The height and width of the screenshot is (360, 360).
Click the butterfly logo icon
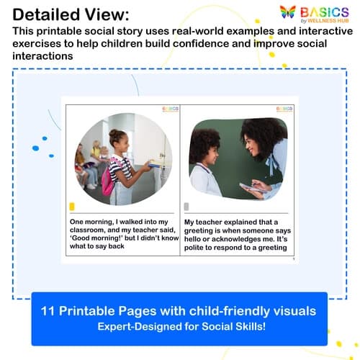288,13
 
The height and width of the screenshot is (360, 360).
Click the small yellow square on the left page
71,207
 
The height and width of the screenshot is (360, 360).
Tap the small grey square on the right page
186,207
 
